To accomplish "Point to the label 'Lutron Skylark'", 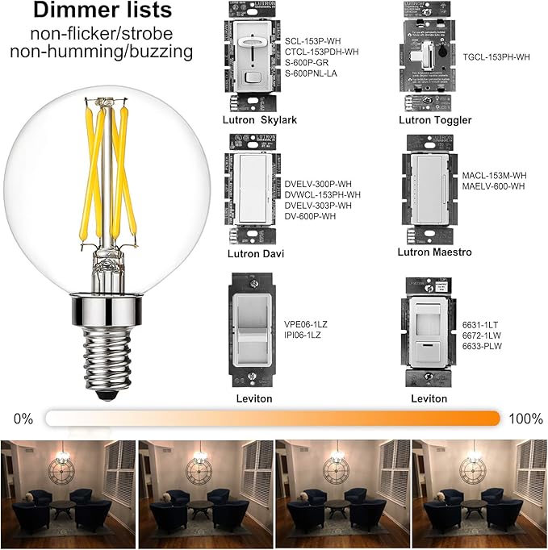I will pyautogui.click(x=260, y=120).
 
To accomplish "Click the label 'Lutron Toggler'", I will pyautogui.click(x=435, y=120).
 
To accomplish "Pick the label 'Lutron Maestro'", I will pyautogui.click(x=435, y=252).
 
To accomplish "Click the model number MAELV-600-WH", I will pyautogui.click(x=494, y=186).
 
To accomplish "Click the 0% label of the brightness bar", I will pyautogui.click(x=23, y=419).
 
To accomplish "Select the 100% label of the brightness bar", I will pyautogui.click(x=525, y=419).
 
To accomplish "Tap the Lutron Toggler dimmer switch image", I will pyautogui.click(x=434, y=57).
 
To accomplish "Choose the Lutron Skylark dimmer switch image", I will pyautogui.click(x=252, y=57).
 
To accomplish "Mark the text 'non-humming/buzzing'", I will pyautogui.click(x=102, y=52).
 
